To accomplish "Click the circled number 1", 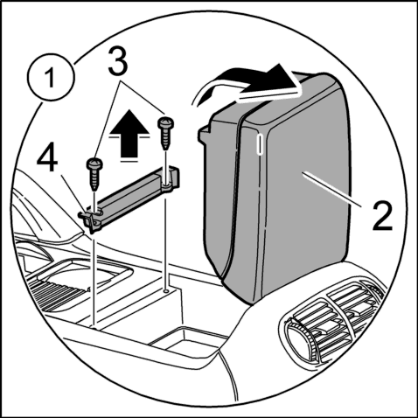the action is click(x=51, y=77).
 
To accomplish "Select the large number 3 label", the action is click(x=118, y=61).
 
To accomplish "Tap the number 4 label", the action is click(x=47, y=159).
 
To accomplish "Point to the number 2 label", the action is click(x=382, y=216).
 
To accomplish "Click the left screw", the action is click(x=94, y=174).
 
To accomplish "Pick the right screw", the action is click(x=166, y=133).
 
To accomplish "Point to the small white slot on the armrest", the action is click(x=259, y=144).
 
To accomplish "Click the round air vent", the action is click(x=299, y=339).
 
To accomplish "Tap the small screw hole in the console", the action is click(x=166, y=290).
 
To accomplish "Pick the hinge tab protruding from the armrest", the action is click(x=205, y=134).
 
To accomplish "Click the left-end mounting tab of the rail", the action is click(x=89, y=218).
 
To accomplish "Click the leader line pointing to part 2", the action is click(x=333, y=189).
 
